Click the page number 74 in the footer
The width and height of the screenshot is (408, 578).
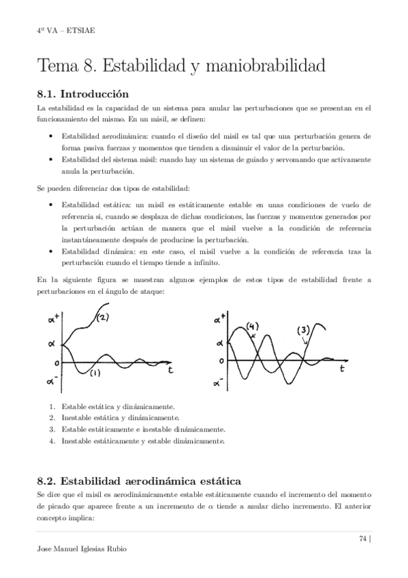tap(362, 538)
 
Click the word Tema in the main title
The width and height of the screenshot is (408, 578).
tap(58, 66)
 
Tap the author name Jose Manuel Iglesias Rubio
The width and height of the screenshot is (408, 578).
tap(84, 549)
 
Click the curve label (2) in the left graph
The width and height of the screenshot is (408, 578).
tap(104, 317)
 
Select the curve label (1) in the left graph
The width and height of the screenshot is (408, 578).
tap(95, 372)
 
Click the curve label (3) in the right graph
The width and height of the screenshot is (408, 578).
tap(304, 331)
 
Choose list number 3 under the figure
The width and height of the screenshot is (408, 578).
tap(52, 429)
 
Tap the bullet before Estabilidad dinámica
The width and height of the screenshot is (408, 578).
tap(52, 252)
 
